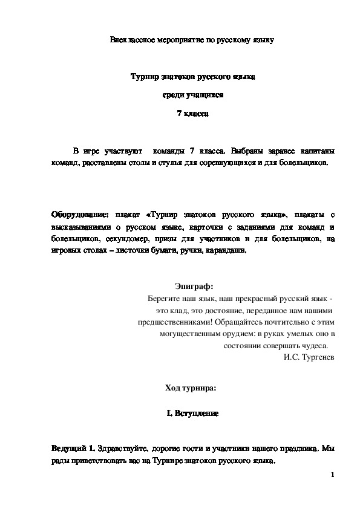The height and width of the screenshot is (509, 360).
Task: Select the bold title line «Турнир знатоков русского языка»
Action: (x=193, y=77)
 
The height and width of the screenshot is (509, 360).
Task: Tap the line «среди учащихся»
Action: (x=192, y=95)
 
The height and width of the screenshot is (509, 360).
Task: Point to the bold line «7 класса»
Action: (x=192, y=113)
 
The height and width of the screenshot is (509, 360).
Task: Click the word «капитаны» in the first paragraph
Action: (x=313, y=150)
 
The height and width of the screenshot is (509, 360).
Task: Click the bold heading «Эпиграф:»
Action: (x=193, y=286)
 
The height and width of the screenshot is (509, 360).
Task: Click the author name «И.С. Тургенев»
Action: (x=309, y=357)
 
